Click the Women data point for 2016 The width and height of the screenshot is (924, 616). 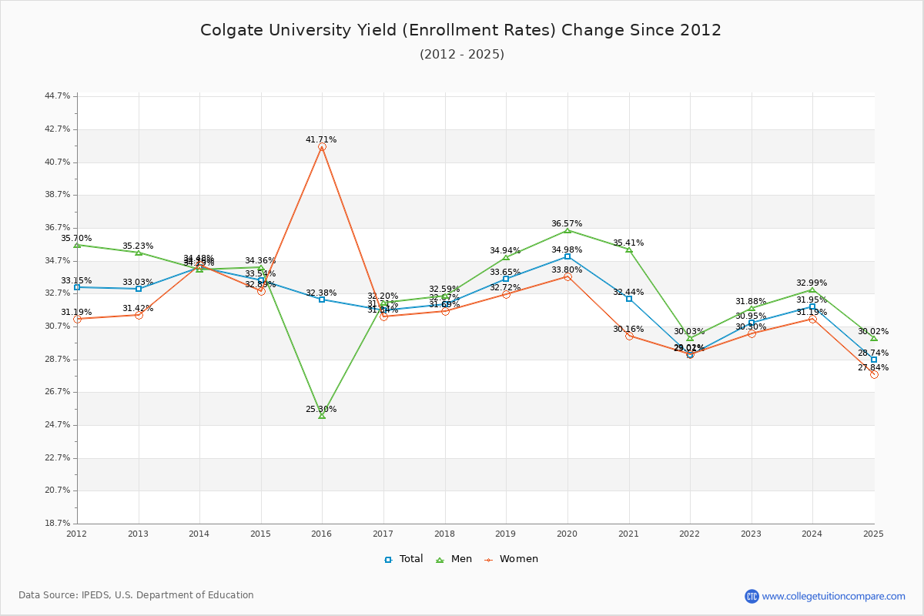click(x=322, y=146)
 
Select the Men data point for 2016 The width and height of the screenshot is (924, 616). click(x=322, y=416)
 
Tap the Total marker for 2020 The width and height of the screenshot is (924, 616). click(x=567, y=256)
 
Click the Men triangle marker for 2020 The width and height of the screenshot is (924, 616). click(x=567, y=230)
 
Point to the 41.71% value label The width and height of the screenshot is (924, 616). click(x=321, y=139)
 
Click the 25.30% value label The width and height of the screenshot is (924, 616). click(x=321, y=409)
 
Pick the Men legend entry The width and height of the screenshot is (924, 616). click(x=454, y=559)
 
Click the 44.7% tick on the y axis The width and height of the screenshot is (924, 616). click(x=58, y=96)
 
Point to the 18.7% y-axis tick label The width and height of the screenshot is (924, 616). click(x=58, y=524)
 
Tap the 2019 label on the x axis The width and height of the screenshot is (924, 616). click(x=506, y=534)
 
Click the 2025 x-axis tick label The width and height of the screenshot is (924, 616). click(x=873, y=534)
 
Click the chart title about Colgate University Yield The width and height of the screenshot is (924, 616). click(x=460, y=30)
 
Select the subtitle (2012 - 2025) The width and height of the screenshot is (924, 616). click(x=462, y=54)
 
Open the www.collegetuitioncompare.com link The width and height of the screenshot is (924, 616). click(x=833, y=596)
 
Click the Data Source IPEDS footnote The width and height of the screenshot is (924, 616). click(x=136, y=595)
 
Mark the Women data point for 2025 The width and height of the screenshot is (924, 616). click(x=874, y=374)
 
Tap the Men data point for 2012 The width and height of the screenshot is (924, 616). click(x=77, y=245)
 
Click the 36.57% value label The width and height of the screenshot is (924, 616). click(x=567, y=223)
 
